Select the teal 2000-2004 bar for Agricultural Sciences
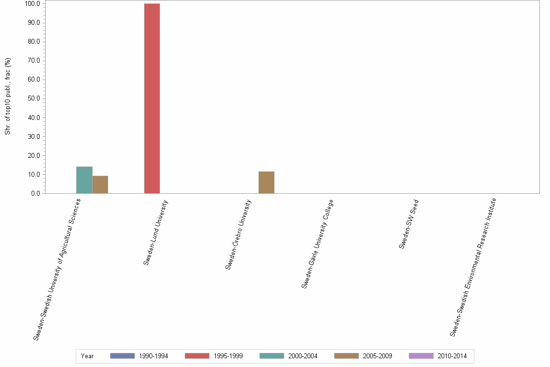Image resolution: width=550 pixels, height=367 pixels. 84,180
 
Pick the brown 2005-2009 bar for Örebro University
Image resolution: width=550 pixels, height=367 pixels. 266,183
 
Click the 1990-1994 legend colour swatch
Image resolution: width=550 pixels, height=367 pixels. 122,356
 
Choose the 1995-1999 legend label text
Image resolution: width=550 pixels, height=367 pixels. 228,356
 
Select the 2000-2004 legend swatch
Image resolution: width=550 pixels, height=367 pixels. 272,356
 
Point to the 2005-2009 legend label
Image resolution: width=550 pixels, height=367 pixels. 377,356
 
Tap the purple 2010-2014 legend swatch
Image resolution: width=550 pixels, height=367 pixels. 421,356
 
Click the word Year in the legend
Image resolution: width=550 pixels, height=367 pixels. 88,356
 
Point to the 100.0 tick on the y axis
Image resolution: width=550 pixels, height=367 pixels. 32,4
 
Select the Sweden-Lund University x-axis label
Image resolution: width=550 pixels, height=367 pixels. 156,233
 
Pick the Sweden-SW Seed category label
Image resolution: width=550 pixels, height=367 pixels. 409,224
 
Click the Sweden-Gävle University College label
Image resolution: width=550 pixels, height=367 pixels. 318,244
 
